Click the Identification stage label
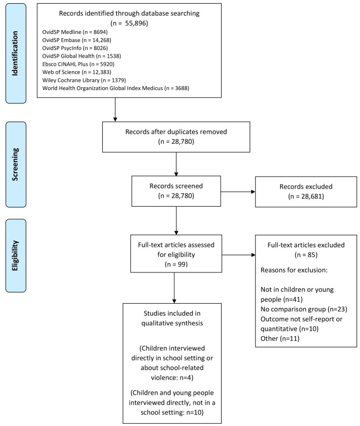pyautogui.click(x=19, y=51)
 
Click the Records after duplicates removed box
pyautogui.click(x=176, y=137)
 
